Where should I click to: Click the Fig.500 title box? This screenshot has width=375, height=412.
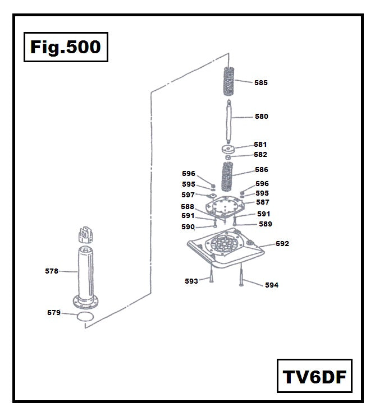[x=66, y=47]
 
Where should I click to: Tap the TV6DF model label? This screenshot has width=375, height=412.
[x=314, y=376]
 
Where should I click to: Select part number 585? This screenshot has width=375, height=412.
[x=261, y=83]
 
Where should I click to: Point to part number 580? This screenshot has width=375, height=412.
[x=262, y=117]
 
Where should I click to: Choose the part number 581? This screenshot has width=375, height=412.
[x=260, y=144]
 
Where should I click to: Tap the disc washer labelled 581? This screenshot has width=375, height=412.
[x=228, y=149]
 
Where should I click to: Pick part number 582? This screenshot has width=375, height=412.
[x=260, y=155]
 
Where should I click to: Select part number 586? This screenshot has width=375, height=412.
[x=262, y=169]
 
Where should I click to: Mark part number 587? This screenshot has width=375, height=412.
[x=263, y=202]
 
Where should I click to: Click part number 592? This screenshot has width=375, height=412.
[x=282, y=244]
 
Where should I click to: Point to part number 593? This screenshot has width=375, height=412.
[x=191, y=281]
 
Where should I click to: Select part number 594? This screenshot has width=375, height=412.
[x=272, y=285]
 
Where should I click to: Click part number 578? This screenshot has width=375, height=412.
[x=52, y=271]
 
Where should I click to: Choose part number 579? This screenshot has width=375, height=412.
[x=53, y=313]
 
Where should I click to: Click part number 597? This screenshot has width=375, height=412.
[x=188, y=195]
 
